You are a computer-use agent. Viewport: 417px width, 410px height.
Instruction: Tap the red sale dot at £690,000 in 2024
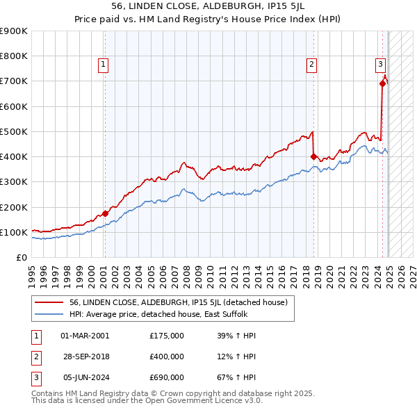[x=382, y=83]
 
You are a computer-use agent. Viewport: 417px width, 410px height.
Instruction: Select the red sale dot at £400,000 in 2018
[x=314, y=156]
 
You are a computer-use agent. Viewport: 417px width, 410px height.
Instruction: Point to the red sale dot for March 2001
[x=105, y=213]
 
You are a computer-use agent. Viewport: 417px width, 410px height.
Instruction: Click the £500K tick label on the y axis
[x=13, y=131]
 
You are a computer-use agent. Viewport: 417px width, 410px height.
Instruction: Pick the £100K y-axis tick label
[x=13, y=232]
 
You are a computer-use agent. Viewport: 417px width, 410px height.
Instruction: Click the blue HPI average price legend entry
[x=163, y=314]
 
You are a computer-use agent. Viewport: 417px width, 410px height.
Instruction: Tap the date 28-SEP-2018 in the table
[x=85, y=356]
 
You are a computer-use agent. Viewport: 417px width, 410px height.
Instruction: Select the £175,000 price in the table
[x=167, y=335]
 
